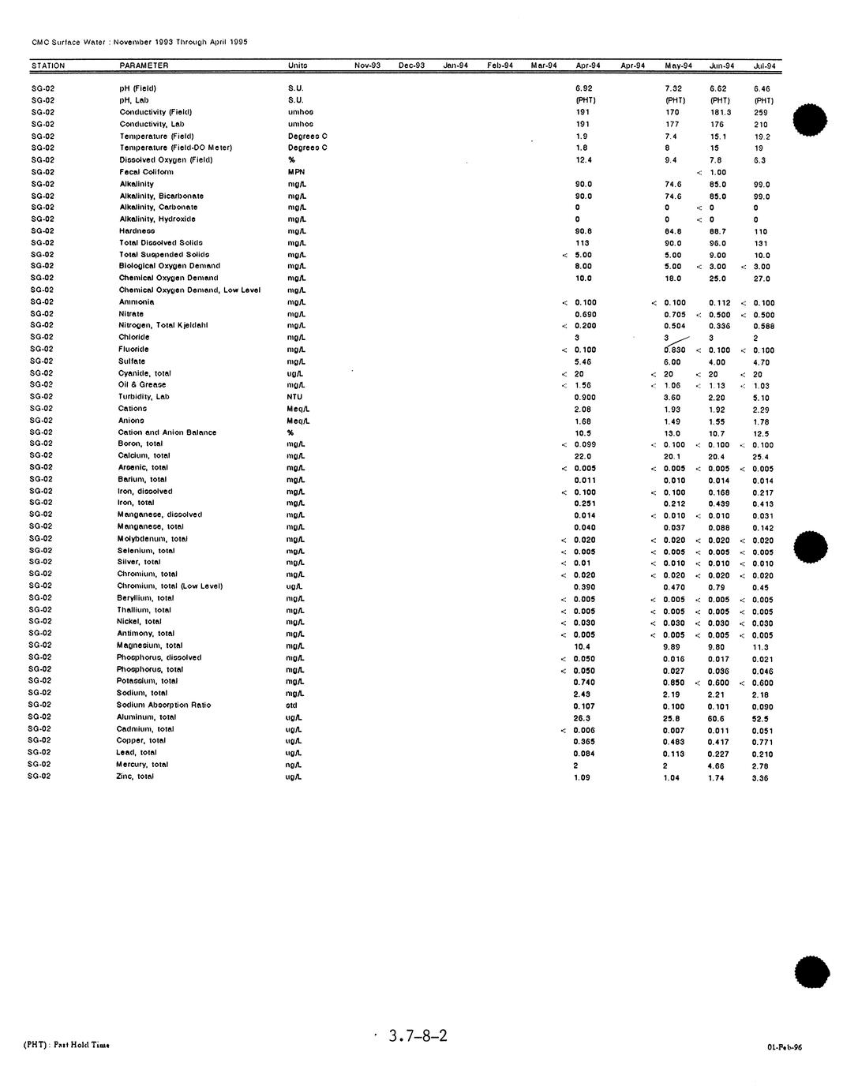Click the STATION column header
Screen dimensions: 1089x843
48,65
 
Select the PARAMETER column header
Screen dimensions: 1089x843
144,65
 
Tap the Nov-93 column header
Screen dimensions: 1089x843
367,65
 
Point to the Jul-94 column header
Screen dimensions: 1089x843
764,66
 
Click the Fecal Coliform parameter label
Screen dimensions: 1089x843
146,172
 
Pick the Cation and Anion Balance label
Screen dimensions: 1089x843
167,432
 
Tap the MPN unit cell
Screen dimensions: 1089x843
296,172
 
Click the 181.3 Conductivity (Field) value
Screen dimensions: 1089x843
720,113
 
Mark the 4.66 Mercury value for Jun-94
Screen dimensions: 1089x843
716,766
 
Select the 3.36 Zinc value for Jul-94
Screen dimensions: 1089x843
760,778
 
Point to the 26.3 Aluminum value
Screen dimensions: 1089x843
582,719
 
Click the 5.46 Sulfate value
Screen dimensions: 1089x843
583,362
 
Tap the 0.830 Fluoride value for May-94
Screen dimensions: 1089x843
674,350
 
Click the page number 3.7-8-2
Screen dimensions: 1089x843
418,1036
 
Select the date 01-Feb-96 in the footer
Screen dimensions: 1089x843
784,1048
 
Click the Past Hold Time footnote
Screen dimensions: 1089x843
67,1045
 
